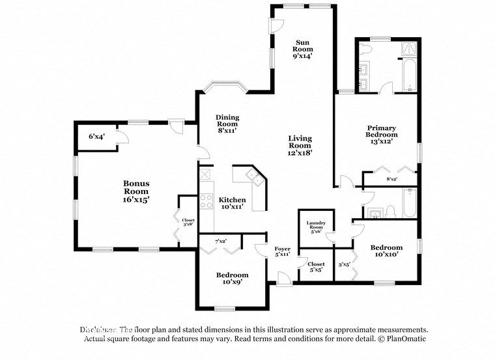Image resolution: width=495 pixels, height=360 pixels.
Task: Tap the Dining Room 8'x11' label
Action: point(227,124)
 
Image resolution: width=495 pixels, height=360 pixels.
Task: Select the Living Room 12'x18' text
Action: point(300,146)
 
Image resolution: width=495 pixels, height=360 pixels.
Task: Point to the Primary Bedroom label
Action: point(381,133)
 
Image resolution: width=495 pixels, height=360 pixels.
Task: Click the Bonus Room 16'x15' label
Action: point(136,192)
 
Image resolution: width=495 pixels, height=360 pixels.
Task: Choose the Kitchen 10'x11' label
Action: point(232,203)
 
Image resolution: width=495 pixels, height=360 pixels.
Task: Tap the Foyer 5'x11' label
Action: point(282,252)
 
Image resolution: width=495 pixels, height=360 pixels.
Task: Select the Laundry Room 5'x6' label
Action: point(316,227)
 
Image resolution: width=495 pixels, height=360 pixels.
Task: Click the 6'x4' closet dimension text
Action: point(96,137)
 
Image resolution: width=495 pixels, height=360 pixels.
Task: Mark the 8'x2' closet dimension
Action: point(391,178)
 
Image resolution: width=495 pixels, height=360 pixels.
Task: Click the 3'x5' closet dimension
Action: point(344,264)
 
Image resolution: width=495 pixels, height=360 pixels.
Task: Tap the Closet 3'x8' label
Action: point(188,223)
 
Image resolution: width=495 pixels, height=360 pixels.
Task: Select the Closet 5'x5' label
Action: point(317,267)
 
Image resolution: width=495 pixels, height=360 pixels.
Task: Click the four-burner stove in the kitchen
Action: point(206,199)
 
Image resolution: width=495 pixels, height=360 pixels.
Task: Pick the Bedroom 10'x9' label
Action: point(232,279)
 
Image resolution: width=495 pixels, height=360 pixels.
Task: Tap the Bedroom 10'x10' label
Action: point(386,251)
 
